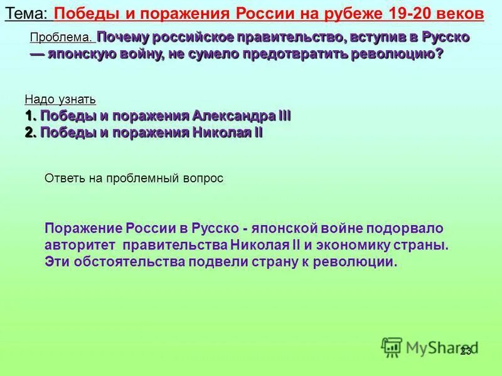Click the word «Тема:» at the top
[26, 14]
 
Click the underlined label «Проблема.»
[61, 38]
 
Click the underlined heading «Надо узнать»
[60, 100]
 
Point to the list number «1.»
[31, 116]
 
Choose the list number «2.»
[31, 132]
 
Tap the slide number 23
[465, 351]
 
